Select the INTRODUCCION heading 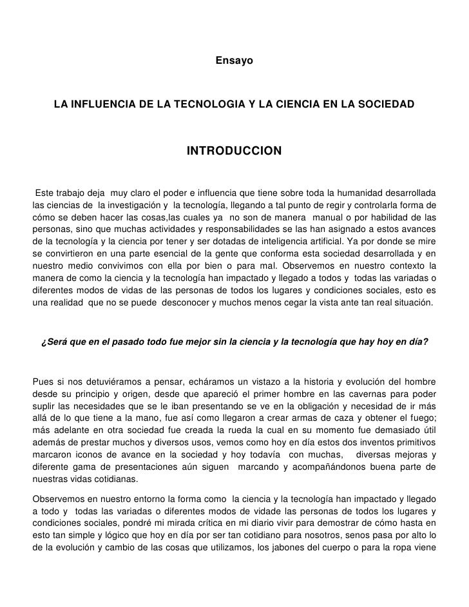[x=234, y=151]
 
